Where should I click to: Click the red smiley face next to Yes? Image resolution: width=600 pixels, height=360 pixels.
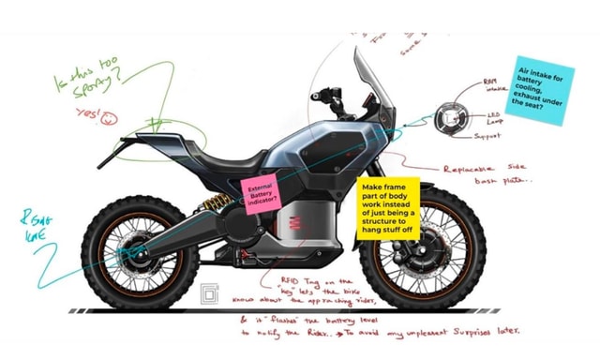click(x=112, y=117)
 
